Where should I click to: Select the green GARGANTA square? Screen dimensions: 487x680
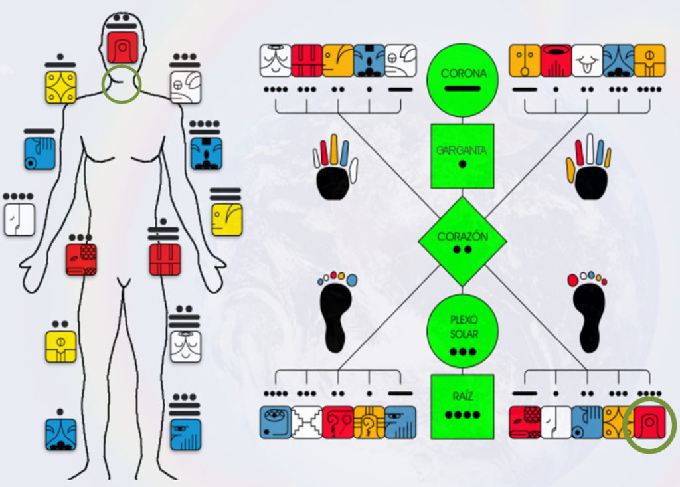point(462,155)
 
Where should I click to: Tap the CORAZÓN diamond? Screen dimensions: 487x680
point(462,241)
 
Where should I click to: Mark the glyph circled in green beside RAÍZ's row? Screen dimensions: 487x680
point(649,422)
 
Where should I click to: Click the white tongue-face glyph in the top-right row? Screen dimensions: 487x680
point(587,60)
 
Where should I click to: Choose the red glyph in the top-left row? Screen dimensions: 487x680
point(306,60)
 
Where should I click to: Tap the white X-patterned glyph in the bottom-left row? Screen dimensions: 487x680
point(306,422)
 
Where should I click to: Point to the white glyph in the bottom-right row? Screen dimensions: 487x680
point(556,422)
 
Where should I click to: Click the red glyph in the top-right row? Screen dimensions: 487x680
point(556,60)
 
